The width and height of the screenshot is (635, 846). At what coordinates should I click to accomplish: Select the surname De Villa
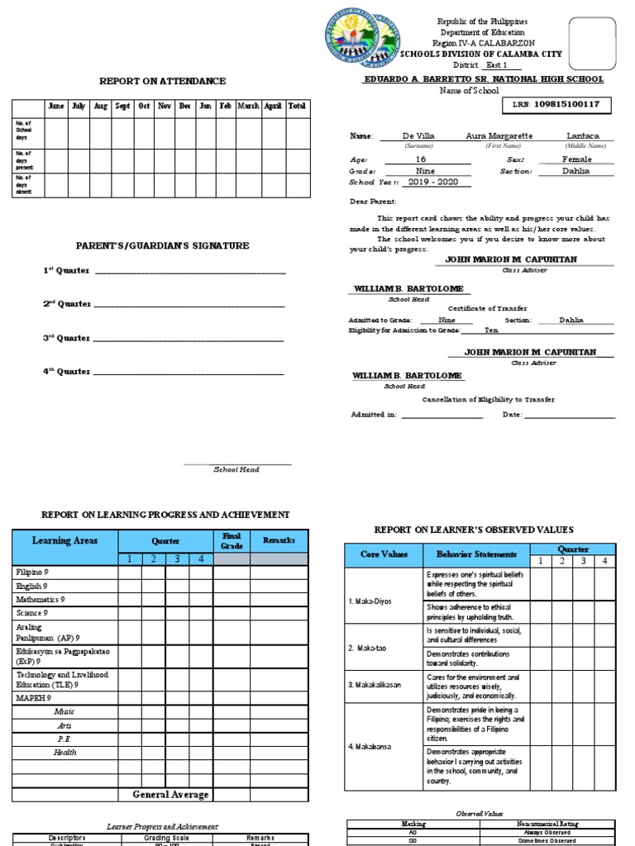tap(418, 135)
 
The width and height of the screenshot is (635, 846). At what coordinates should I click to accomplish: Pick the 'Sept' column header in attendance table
tap(122, 107)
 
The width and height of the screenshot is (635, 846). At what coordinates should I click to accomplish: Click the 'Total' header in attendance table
tap(297, 107)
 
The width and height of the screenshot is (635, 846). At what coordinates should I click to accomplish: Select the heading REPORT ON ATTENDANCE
tap(162, 81)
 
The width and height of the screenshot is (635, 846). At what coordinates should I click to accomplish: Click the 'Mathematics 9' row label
tap(41, 599)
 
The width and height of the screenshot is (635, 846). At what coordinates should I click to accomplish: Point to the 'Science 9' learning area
tap(32, 613)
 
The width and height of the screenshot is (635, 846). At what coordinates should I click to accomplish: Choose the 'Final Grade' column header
tap(232, 541)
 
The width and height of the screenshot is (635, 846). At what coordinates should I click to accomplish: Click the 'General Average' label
tap(171, 794)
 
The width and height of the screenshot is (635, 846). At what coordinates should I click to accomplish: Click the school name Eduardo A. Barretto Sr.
tap(484, 79)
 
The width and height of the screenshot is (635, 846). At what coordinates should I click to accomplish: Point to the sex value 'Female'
tap(575, 159)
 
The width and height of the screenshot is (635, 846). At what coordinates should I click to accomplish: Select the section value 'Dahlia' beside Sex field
tap(575, 171)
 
